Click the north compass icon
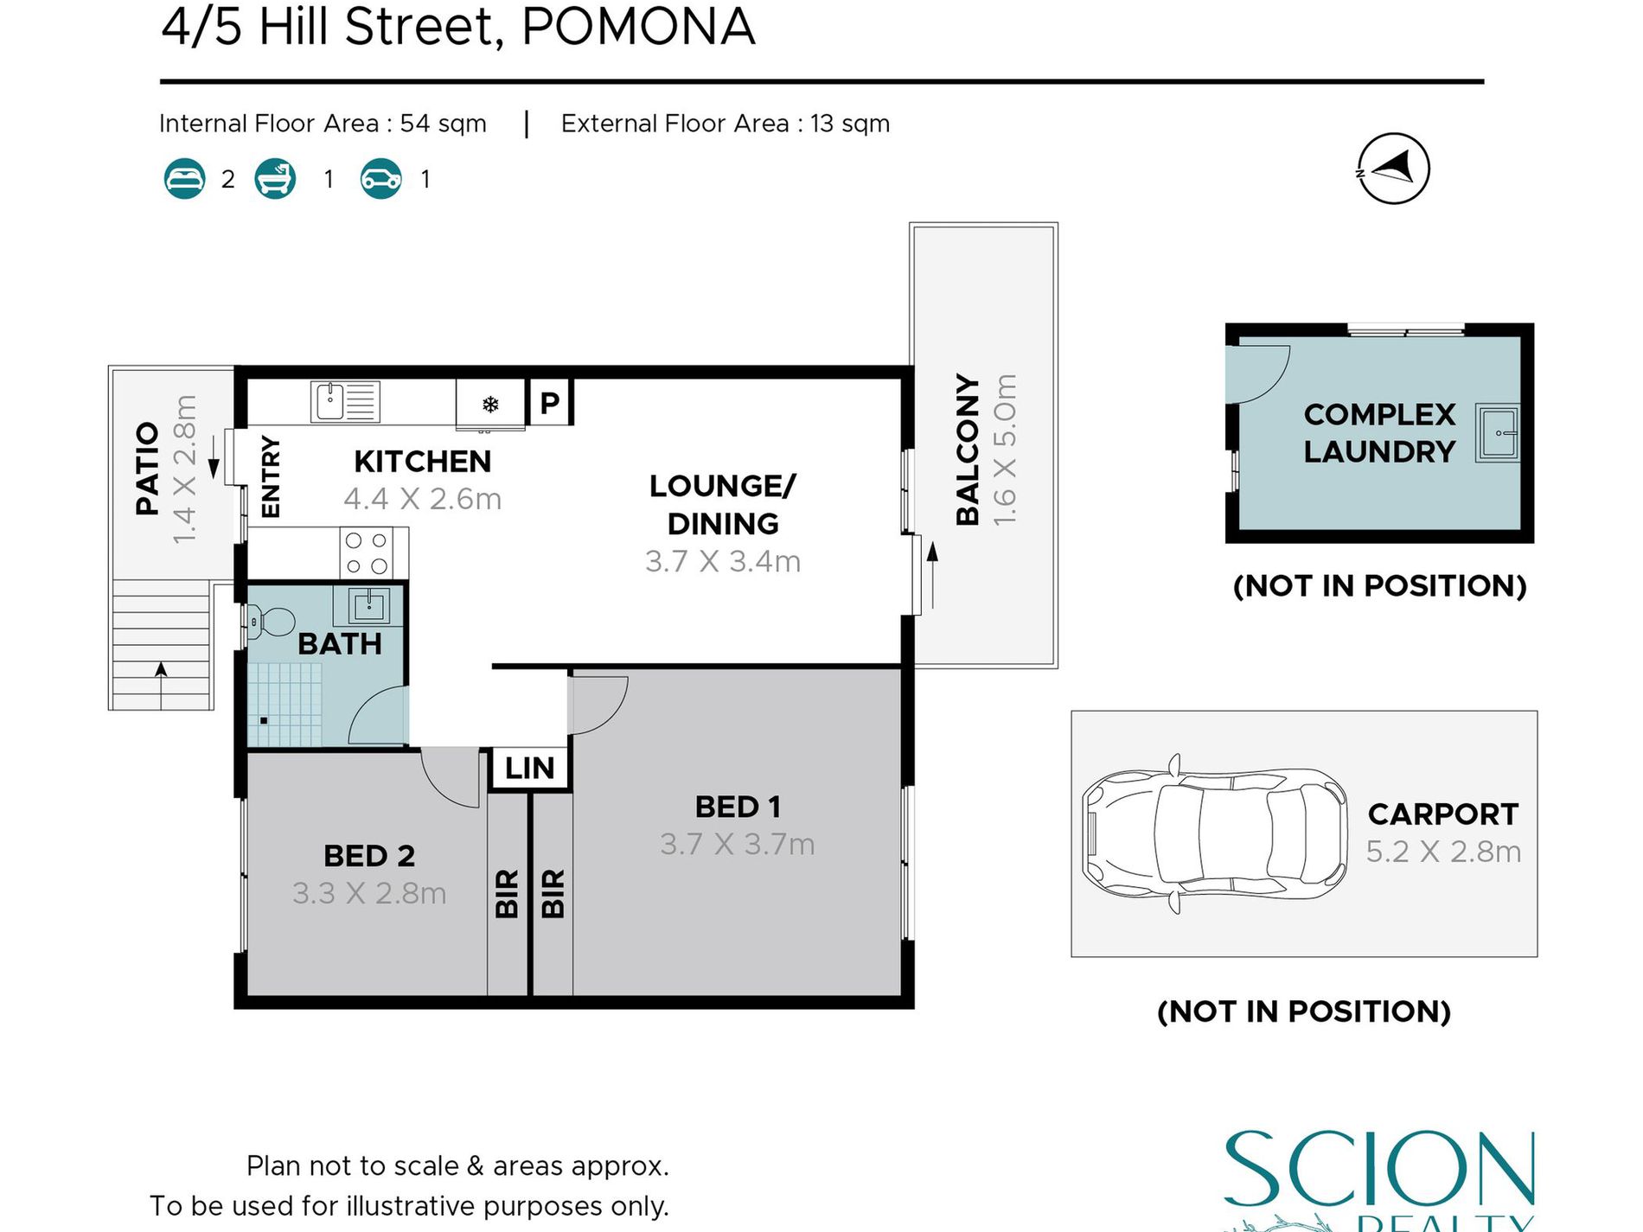point(1392,169)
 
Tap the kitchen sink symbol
point(344,402)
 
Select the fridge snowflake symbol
point(490,404)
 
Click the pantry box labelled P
point(550,402)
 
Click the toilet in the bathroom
point(271,621)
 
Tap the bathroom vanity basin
point(369,605)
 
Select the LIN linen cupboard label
point(529,768)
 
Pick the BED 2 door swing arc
point(451,778)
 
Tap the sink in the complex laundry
point(1497,431)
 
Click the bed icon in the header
point(184,179)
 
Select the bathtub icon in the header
point(275,179)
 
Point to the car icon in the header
point(380,179)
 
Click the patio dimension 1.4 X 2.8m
point(185,469)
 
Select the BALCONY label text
point(968,450)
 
